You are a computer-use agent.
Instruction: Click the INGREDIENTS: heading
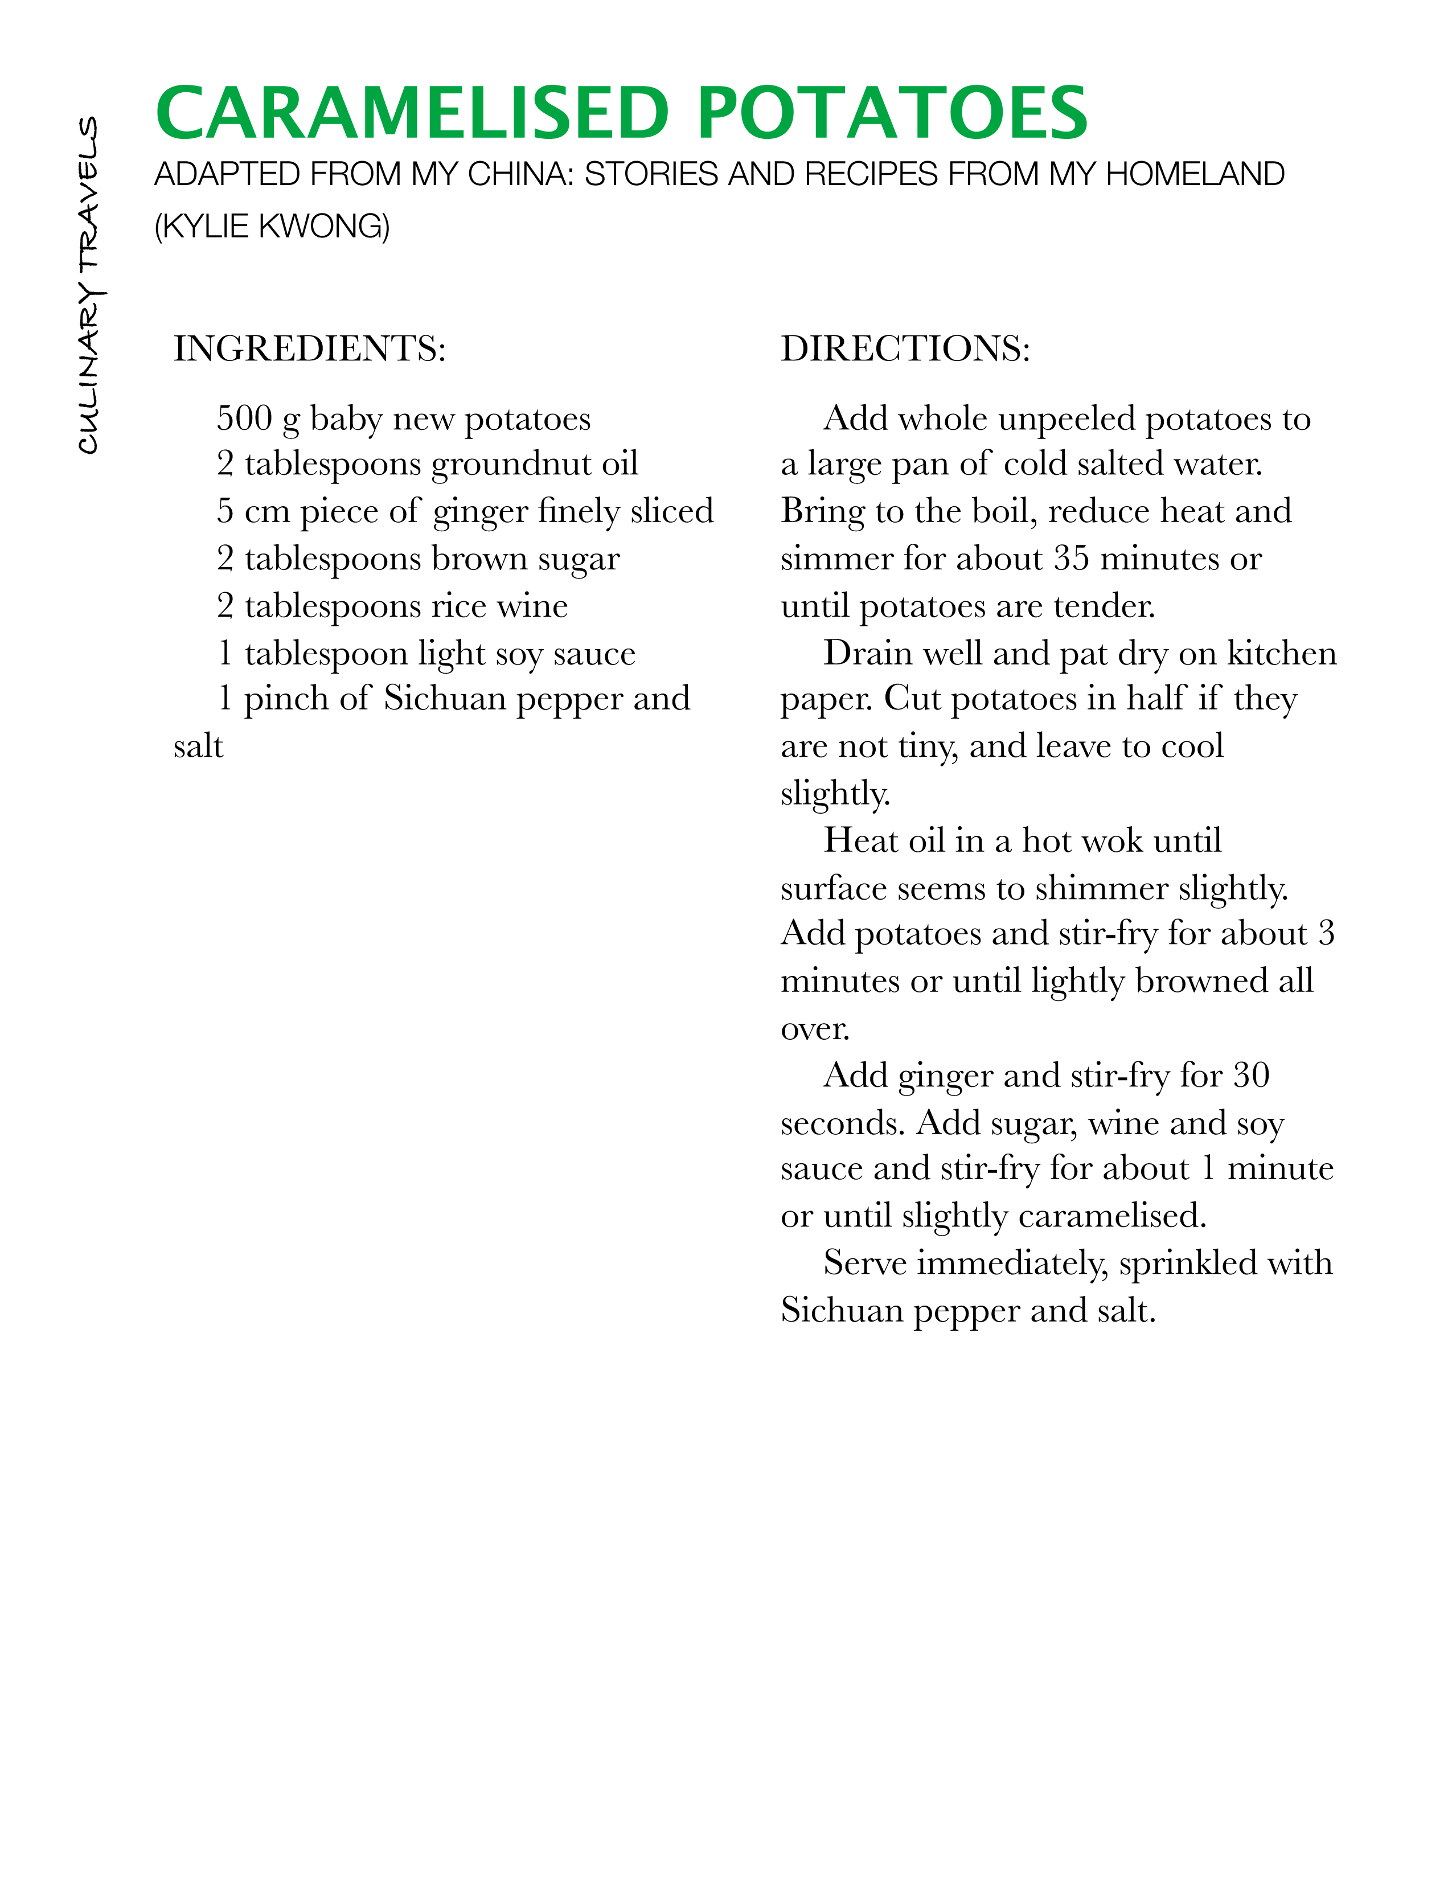(x=310, y=348)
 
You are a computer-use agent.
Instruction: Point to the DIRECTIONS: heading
(x=905, y=348)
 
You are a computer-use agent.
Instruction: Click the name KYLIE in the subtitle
(x=207, y=226)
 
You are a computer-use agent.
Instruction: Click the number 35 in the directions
(x=1072, y=559)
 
